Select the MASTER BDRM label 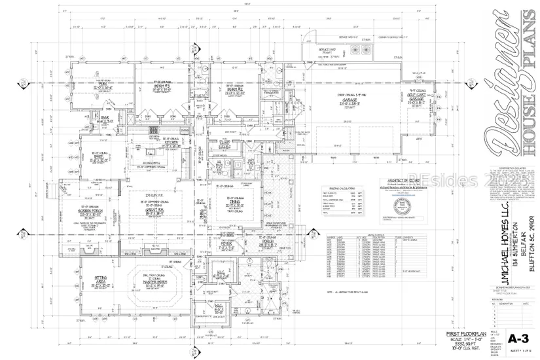153,282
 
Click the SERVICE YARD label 328,50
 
